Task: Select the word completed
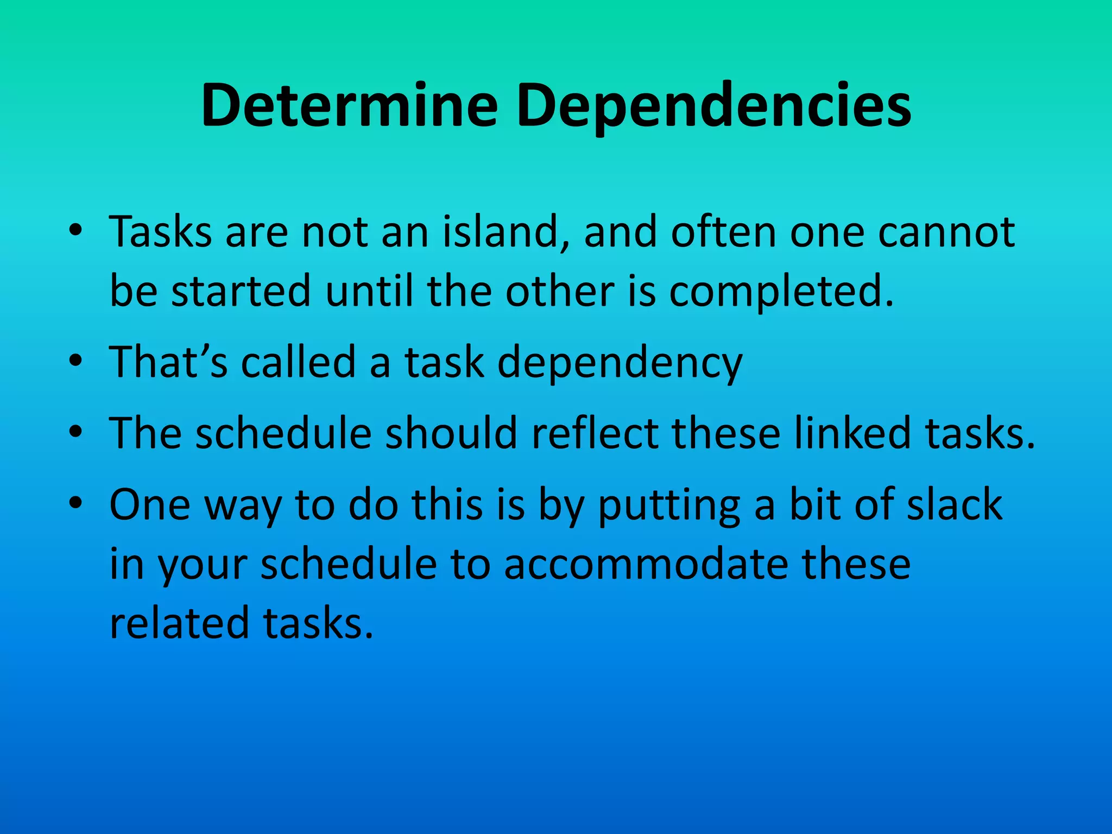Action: (781, 292)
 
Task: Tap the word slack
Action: (955, 504)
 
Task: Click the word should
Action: (451, 433)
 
